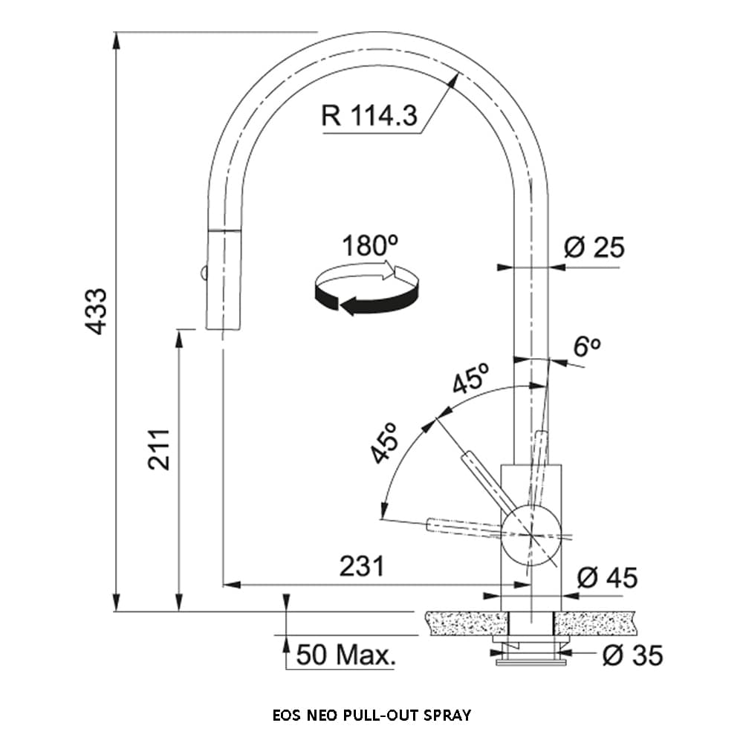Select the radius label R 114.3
[369, 116]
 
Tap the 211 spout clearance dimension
[159, 449]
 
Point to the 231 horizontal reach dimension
[362, 567]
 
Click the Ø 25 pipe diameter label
[594, 247]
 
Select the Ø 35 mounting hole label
[632, 655]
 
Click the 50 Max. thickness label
[345, 655]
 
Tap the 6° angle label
[586, 346]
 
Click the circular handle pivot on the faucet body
[531, 535]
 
